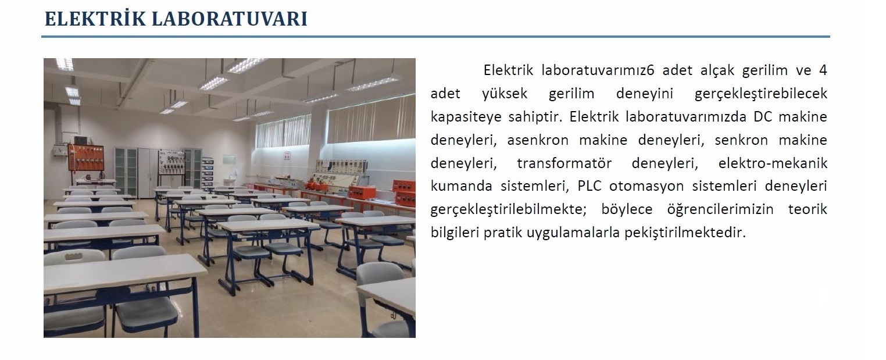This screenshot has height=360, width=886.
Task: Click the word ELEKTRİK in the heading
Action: [95, 19]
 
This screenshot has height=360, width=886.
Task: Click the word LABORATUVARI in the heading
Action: [230, 19]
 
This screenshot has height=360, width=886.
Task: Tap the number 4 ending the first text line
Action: [823, 70]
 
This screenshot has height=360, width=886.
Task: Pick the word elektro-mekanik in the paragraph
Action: [773, 163]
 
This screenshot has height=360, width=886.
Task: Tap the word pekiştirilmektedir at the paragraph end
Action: [685, 233]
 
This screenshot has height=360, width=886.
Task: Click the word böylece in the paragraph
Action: [627, 209]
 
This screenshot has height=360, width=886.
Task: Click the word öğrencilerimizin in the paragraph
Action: [720, 209]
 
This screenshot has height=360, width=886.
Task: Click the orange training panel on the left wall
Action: [85, 158]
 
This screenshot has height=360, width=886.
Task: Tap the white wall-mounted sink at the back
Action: [230, 181]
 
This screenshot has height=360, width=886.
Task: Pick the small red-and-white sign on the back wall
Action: [287, 155]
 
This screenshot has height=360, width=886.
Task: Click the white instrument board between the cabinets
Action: [172, 162]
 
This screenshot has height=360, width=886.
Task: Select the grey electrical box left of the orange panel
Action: [60, 150]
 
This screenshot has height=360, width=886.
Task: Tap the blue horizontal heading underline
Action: [435, 37]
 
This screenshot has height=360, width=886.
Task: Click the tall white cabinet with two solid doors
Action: [145, 172]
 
